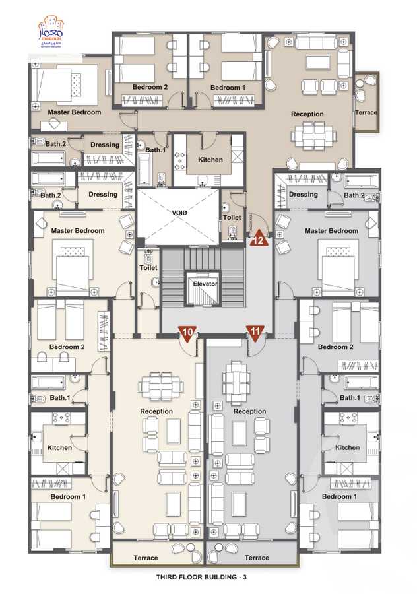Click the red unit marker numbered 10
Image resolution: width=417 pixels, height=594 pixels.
(x=187, y=333)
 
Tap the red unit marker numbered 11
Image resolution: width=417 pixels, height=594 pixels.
(x=254, y=333)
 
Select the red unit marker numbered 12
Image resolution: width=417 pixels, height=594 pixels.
(x=259, y=240)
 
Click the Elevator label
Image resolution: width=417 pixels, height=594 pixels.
(x=205, y=284)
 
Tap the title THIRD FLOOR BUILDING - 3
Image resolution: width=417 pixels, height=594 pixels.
(x=202, y=577)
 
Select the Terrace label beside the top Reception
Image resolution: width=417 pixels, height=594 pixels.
(x=366, y=112)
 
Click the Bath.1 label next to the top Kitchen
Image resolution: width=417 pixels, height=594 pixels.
(x=156, y=150)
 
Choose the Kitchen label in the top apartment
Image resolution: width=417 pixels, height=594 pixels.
(x=210, y=160)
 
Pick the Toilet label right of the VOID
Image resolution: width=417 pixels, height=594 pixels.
(x=232, y=217)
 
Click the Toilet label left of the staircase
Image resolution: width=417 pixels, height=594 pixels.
(x=148, y=269)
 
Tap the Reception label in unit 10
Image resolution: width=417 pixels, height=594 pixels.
(x=156, y=411)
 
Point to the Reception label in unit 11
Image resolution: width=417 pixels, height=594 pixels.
(x=250, y=411)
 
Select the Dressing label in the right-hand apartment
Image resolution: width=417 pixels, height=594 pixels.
(x=304, y=195)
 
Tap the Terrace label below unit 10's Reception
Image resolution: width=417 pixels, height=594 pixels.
(x=146, y=558)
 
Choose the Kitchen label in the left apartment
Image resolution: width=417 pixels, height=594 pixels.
(x=59, y=447)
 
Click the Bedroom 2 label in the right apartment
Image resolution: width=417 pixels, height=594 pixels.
(x=336, y=347)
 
